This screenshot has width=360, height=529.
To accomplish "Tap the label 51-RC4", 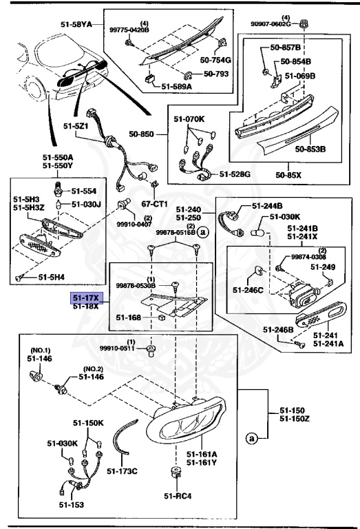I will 178,495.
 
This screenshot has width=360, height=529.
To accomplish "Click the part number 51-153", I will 72,505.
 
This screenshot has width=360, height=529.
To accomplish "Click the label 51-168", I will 129,318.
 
